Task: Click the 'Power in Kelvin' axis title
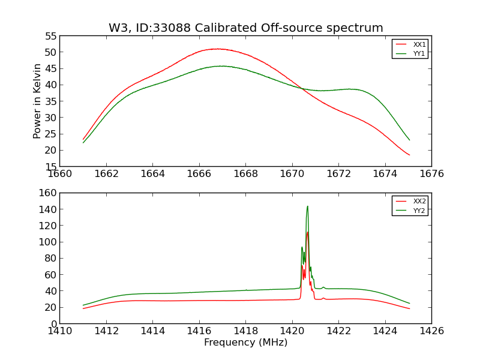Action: pyautogui.click(x=37, y=101)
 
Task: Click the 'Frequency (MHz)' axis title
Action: pyautogui.click(x=245, y=343)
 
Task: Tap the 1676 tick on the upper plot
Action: pyautogui.click(x=431, y=174)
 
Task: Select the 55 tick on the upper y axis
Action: pyautogui.click(x=50, y=37)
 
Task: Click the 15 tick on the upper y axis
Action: pyautogui.click(x=50, y=167)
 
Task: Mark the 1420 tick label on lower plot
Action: pyautogui.click(x=292, y=331)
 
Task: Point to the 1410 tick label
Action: pyautogui.click(x=60, y=331)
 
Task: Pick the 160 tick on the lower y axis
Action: pyautogui.click(x=48, y=193)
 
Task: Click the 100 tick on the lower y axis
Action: pyautogui.click(x=48, y=242)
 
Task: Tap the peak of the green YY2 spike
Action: pyautogui.click(x=307, y=206)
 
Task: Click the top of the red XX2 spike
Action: pyautogui.click(x=307, y=232)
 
